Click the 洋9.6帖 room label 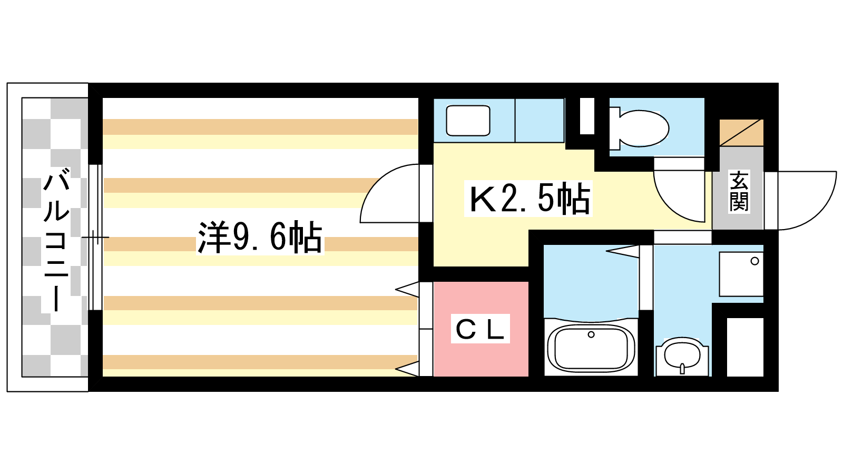tap(260, 238)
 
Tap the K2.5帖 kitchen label tap(529, 198)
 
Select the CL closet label tap(480, 329)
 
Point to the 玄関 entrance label tap(739, 192)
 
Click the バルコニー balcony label tap(57, 241)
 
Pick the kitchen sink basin tap(468, 121)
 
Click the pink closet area tap(481, 329)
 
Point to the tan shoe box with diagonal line tap(741, 133)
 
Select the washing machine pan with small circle tap(741, 274)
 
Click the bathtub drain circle tap(591, 334)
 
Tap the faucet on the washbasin tap(682, 368)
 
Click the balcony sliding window tap(95, 238)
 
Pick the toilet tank tap(614, 129)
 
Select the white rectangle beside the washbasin tap(745, 347)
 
